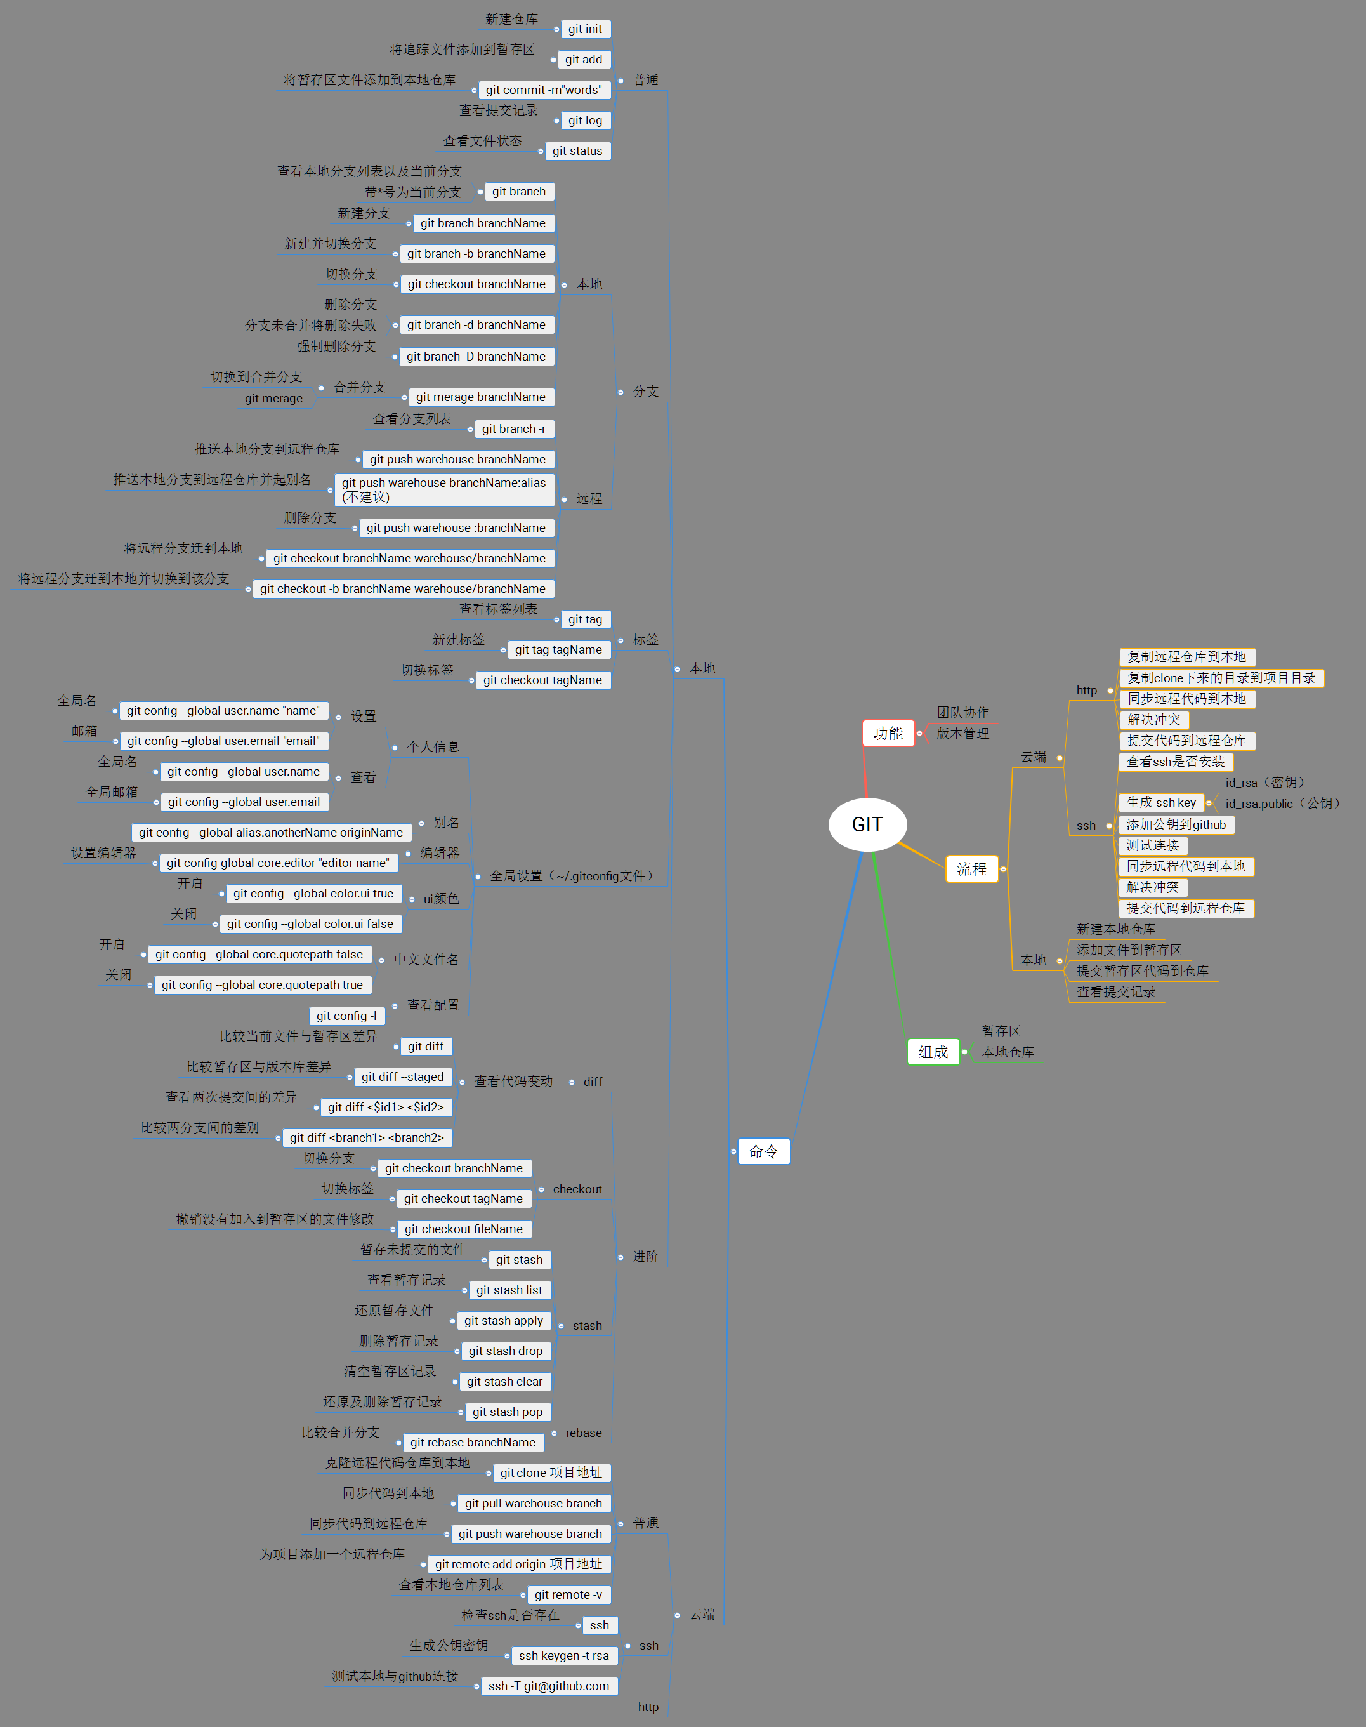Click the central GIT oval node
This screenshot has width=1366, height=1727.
[867, 824]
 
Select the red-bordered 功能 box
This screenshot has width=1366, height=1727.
[888, 732]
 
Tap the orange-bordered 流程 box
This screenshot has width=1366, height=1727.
[972, 869]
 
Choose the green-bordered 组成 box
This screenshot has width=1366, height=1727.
[933, 1051]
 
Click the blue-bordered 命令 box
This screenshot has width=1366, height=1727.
[763, 1151]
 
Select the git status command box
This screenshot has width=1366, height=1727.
[577, 150]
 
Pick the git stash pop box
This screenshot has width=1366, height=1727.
[507, 1412]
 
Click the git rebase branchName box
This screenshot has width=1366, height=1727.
[473, 1442]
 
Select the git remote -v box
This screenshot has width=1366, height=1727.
[568, 1594]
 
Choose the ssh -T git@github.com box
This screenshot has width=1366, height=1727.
[549, 1685]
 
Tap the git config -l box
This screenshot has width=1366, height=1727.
[346, 1015]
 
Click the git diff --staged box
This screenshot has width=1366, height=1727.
[402, 1076]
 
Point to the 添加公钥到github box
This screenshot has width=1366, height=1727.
[1176, 824]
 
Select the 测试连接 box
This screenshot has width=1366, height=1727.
[1152, 845]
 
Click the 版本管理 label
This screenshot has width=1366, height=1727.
[962, 732]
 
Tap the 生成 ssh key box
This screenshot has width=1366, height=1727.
[1160, 802]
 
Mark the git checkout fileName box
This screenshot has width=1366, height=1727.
[463, 1229]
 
